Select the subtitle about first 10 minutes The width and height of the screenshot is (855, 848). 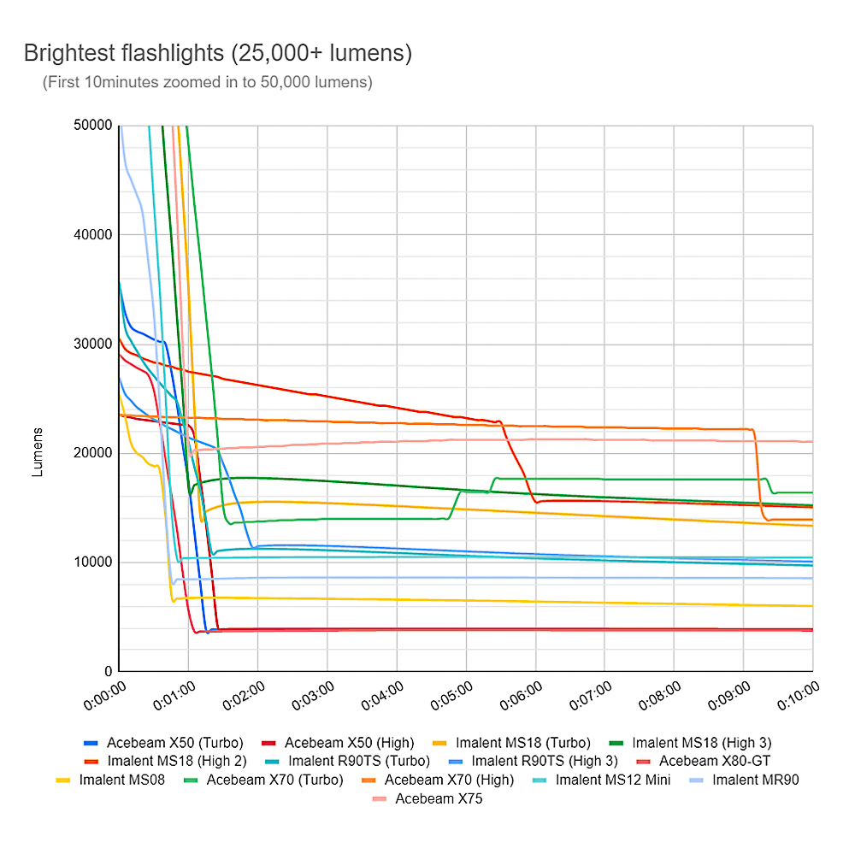tap(207, 83)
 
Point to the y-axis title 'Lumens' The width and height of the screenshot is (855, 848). tap(38, 452)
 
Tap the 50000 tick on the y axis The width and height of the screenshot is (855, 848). tap(94, 126)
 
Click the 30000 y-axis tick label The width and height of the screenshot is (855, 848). tap(94, 344)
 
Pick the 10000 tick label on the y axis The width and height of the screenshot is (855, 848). tap(94, 562)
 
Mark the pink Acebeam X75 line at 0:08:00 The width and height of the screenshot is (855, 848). tap(674, 440)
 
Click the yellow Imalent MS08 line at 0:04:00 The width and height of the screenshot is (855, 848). tap(397, 599)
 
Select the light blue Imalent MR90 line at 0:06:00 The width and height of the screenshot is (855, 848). tap(535, 578)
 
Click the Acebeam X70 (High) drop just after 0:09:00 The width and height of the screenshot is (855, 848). tap(758, 479)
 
